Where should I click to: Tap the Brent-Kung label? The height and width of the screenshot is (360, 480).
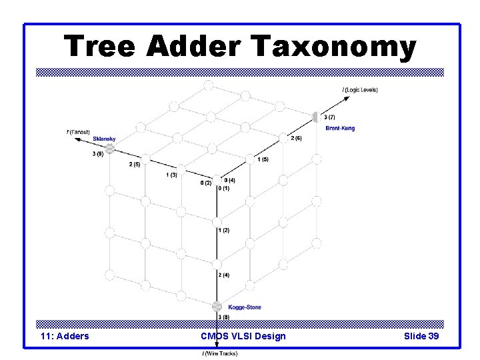click(340, 128)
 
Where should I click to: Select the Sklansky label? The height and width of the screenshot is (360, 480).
click(104, 139)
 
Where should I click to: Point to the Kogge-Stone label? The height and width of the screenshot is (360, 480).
click(245, 307)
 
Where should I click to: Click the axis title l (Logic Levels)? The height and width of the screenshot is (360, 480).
click(360, 90)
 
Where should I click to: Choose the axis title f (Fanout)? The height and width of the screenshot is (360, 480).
click(78, 132)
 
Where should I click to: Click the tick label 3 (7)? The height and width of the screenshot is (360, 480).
click(329, 117)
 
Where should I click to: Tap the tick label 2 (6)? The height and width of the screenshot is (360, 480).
click(296, 138)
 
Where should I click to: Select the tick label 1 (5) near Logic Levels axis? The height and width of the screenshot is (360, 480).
click(263, 159)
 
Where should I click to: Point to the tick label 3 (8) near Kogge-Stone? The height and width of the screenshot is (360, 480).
click(223, 317)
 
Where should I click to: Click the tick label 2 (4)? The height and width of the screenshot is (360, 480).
click(223, 275)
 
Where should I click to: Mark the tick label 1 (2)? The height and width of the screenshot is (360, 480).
click(223, 230)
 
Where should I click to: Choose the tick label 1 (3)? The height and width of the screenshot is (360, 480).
click(171, 175)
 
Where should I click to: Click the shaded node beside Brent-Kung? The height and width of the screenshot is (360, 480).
click(315, 117)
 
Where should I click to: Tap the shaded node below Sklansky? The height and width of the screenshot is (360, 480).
click(110, 149)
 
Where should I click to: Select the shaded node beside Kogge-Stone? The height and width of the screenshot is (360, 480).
click(217, 307)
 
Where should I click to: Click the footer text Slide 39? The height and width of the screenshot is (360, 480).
click(421, 336)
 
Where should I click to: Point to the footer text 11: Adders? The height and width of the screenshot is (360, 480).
click(65, 336)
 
